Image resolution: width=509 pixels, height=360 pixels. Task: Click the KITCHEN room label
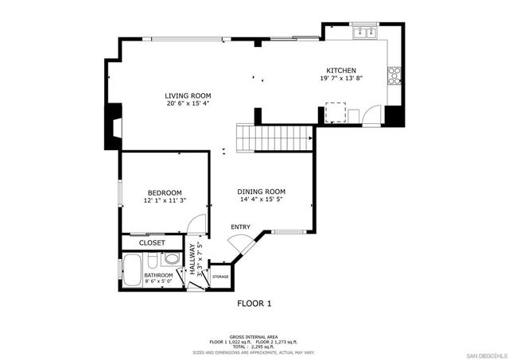point(341,70)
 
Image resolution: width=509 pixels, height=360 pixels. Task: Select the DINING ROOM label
point(262,192)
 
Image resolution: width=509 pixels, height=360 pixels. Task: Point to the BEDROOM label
point(165,192)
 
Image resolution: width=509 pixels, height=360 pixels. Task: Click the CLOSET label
point(152,242)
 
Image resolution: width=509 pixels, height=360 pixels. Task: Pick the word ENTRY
point(240,227)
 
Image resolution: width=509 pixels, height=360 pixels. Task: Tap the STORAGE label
point(220,277)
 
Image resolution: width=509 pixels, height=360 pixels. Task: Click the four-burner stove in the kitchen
point(393,75)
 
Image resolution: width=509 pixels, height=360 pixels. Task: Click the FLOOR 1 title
point(254,304)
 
